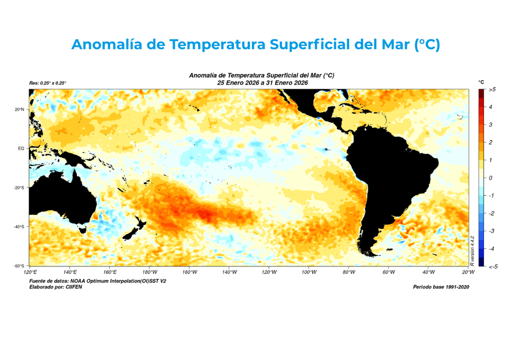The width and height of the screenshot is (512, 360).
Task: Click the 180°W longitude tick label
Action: tap(149, 272)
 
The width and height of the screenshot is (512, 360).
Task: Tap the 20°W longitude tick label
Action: tap(468, 272)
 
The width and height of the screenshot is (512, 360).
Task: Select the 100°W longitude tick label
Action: tap(309, 272)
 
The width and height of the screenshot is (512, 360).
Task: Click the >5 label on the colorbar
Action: tap(492, 89)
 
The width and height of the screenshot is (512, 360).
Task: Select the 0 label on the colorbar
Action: tap(490, 178)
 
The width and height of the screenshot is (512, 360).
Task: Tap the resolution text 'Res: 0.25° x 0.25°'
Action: tap(48, 83)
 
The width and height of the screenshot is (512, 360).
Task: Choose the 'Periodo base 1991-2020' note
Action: tap(440, 287)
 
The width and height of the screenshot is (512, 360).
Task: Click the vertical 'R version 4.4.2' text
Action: tap(472, 249)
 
